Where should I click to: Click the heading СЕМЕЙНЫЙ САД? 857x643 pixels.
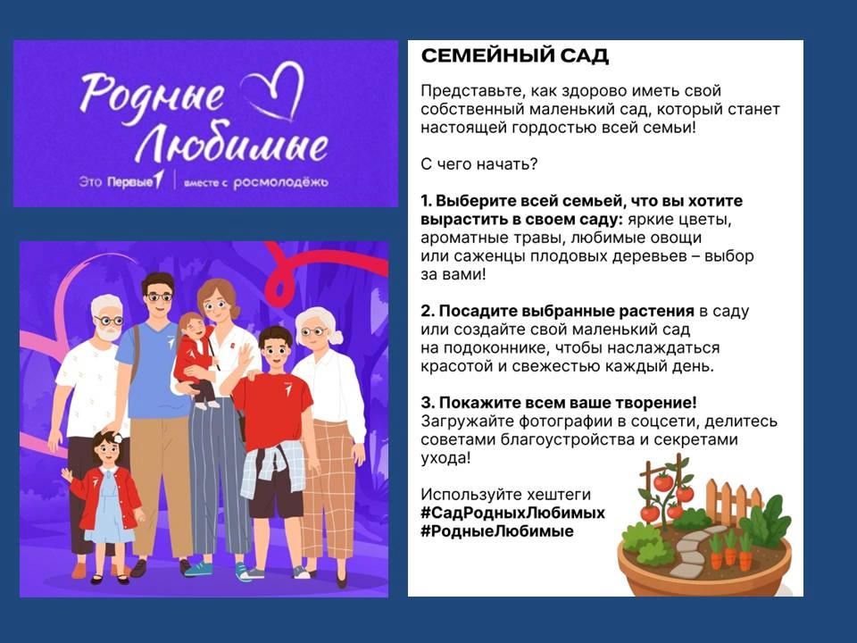coord(514,55)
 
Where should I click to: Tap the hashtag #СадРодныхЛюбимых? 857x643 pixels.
coord(512,513)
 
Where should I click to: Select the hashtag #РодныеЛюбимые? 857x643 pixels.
coord(497,530)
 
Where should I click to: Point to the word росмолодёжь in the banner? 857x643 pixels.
coord(280,182)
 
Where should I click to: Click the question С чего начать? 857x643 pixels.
coord(478,164)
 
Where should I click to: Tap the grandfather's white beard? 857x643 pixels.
coord(107,331)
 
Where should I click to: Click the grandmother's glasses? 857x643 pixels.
coord(313,331)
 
